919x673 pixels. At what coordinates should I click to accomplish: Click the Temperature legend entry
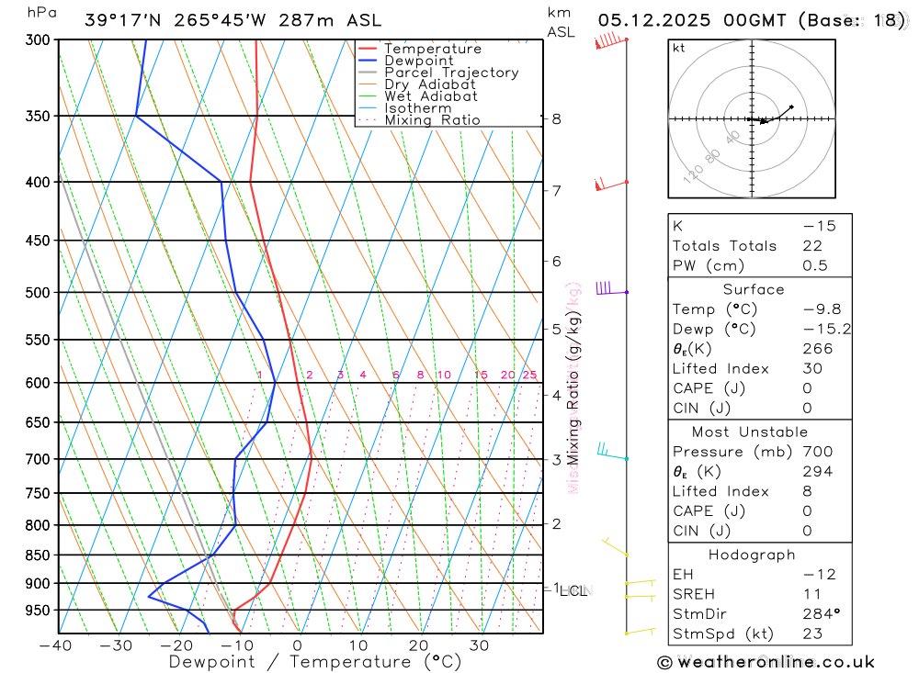click(432, 49)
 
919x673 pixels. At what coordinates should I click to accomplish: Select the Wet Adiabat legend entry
click(430, 96)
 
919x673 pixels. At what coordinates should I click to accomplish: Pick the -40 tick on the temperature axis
click(56, 645)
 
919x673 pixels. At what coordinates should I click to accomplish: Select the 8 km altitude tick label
click(556, 118)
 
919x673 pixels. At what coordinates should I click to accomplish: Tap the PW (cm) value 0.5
click(815, 266)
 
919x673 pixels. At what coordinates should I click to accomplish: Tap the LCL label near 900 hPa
click(573, 591)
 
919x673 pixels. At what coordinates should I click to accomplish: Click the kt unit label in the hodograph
click(679, 48)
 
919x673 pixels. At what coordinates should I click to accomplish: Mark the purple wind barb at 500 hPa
click(605, 289)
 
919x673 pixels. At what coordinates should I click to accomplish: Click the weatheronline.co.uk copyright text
click(766, 662)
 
